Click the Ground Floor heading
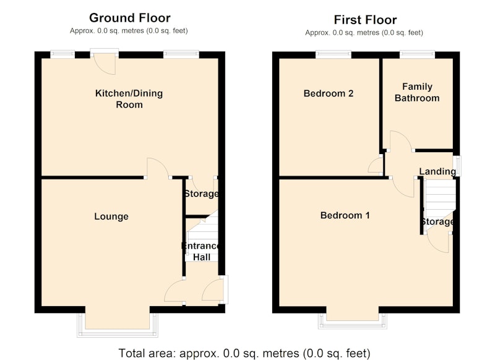(130, 18)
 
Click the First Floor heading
(365, 20)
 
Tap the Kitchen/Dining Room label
(129, 99)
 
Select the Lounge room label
(111, 216)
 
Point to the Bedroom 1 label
(345, 215)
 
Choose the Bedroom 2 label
(329, 93)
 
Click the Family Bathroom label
(417, 92)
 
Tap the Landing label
(437, 171)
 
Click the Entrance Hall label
(201, 252)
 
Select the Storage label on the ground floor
(202, 194)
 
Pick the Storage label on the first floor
(437, 221)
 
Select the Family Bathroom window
(417, 54)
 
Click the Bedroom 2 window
(334, 54)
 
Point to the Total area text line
(244, 353)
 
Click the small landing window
(457, 166)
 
